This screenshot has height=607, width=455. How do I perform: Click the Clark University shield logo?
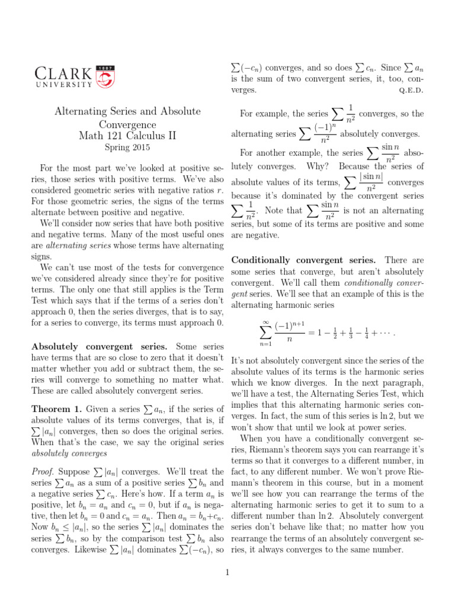point(105,76)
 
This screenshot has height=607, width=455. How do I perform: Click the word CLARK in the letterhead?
point(63,74)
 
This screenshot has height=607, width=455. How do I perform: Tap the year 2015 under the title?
point(140,147)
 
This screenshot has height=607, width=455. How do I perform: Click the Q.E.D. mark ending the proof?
point(413,91)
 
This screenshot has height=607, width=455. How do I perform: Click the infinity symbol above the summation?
point(265,322)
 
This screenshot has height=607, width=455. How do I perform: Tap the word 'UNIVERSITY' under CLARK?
point(63,85)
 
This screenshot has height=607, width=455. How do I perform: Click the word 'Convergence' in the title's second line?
point(128,124)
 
